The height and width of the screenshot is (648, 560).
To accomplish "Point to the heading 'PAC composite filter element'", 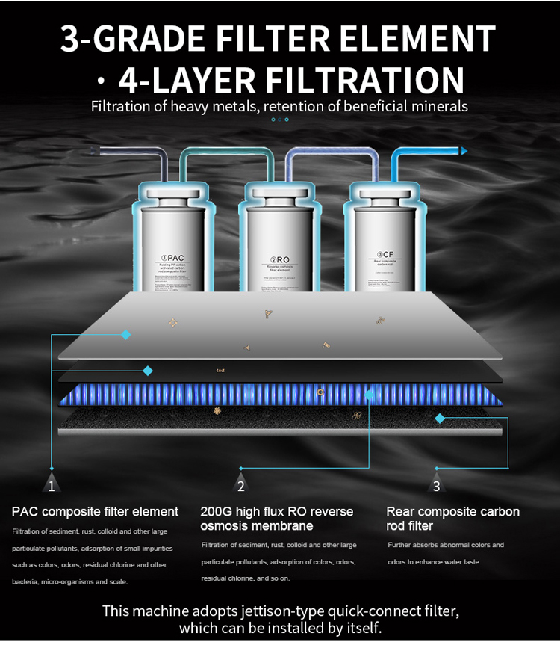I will coord(95,512).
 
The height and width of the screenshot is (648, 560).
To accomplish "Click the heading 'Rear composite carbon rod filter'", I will coord(452,519).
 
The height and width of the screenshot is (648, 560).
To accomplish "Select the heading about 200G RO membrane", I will coord(276,519).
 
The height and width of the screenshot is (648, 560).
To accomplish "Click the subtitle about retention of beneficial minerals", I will coord(279,106).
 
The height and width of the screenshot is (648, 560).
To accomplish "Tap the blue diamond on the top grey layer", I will coord(126,335).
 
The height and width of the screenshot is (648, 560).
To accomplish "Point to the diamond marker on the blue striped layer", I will coord(369,393).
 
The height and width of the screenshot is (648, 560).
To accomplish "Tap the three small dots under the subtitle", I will coord(279,120).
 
